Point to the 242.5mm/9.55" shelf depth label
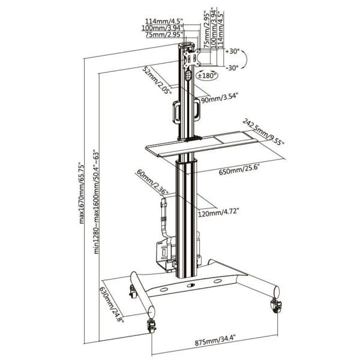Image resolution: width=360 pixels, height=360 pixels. [x=263, y=132]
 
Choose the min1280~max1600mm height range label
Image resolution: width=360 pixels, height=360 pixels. [x=96, y=202]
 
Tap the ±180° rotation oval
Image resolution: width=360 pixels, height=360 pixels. [x=206, y=76]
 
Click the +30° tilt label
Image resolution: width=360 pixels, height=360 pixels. [x=232, y=51]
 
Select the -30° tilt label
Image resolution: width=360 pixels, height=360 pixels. [x=232, y=68]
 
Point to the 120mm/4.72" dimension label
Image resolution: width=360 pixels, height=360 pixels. [x=218, y=212]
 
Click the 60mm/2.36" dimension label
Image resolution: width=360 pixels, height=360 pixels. [x=152, y=182]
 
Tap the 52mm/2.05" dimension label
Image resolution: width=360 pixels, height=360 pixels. [x=157, y=80]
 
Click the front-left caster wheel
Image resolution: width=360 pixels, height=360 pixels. [x=151, y=326]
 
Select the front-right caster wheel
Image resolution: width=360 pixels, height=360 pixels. [x=276, y=305]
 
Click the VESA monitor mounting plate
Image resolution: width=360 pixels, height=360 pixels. [x=191, y=59]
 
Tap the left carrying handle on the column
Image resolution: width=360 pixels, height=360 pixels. [x=176, y=112]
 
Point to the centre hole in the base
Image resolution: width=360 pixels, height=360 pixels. [x=191, y=286]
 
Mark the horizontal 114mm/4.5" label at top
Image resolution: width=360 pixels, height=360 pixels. [x=164, y=21]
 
